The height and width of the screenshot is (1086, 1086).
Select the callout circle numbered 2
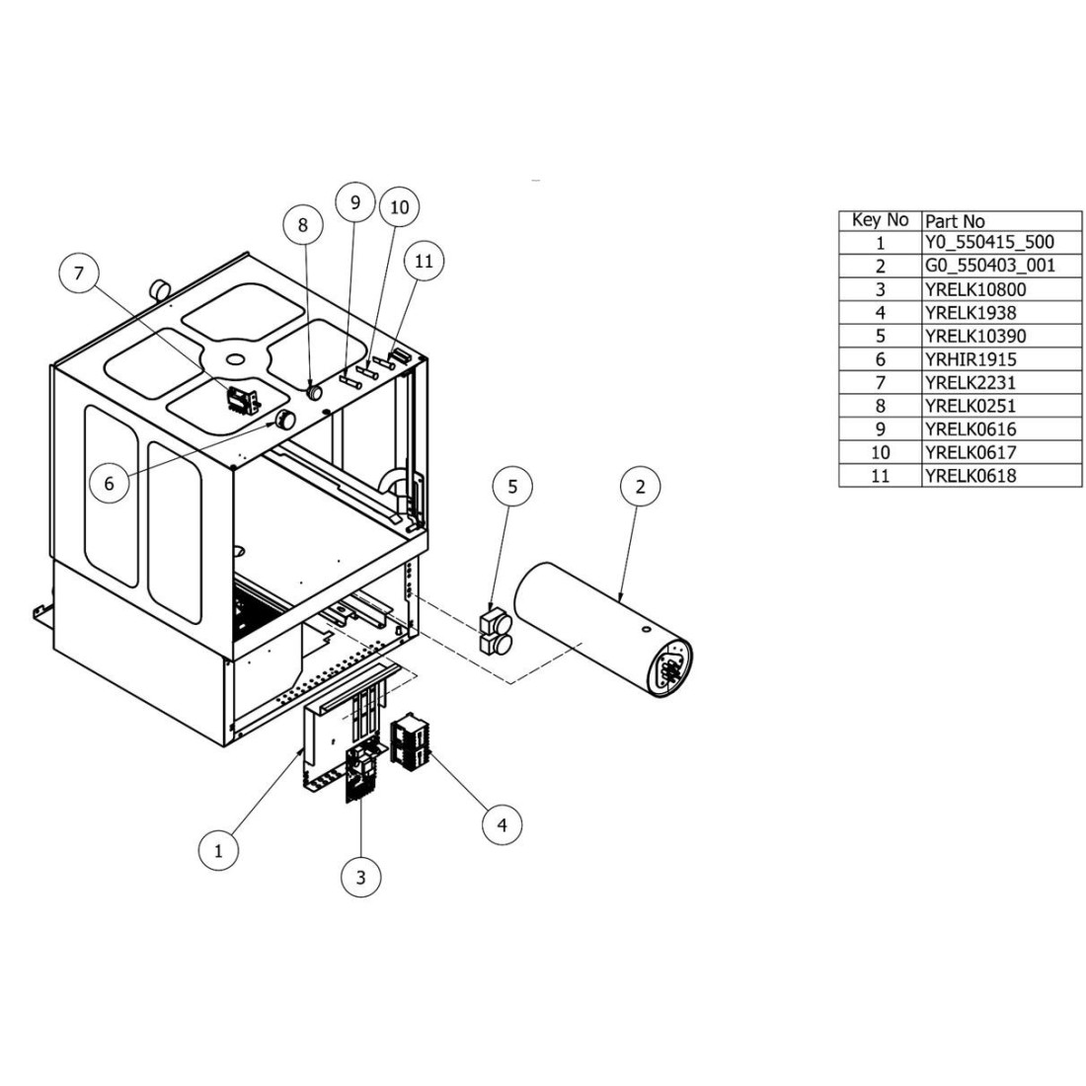(x=641, y=487)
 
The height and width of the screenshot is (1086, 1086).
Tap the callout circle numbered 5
(x=512, y=487)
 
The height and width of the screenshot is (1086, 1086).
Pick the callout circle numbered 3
(x=360, y=877)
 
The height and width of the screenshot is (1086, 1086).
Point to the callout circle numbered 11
(x=424, y=262)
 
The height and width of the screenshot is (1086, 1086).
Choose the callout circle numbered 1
(x=219, y=849)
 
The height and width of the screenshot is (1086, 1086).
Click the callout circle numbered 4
(x=503, y=823)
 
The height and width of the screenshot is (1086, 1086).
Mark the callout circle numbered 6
(x=109, y=484)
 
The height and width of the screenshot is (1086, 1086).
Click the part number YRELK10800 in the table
(x=975, y=289)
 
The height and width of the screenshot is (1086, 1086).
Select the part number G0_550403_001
(x=989, y=266)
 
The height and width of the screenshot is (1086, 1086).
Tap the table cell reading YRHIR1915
(x=970, y=359)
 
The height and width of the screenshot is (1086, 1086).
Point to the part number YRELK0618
(x=970, y=476)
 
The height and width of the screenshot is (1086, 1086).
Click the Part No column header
(x=955, y=220)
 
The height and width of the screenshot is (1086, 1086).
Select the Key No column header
(x=880, y=220)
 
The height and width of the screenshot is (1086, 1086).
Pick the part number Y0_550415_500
(x=989, y=243)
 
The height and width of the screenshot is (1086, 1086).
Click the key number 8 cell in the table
(x=880, y=406)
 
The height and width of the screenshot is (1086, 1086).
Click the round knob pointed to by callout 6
(x=286, y=420)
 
